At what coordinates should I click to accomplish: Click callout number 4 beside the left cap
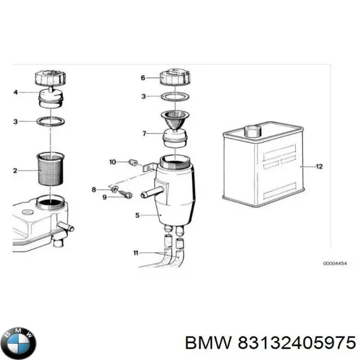16,92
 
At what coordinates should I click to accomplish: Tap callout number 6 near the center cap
143,77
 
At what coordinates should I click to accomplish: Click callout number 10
112,161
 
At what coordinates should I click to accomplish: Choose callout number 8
94,190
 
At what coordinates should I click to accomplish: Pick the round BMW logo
19,343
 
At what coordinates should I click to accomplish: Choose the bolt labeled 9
125,193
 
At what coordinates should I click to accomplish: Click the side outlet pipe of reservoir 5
149,194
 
